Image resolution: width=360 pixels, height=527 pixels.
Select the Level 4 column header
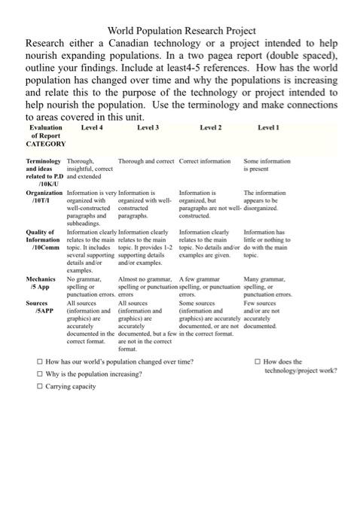92,128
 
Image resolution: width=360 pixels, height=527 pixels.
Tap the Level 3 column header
148,128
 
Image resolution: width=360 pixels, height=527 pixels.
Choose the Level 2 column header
210,128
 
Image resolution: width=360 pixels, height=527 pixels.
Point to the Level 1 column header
268,128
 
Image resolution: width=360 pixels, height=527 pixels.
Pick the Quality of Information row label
43,240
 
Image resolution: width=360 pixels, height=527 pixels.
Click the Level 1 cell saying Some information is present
267,165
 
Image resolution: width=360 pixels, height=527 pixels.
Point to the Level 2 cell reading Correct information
205,161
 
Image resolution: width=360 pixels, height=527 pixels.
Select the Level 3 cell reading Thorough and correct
146,161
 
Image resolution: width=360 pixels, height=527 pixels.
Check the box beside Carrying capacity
40,386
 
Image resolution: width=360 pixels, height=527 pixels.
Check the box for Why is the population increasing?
40,373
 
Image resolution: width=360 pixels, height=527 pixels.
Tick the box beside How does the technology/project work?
257,362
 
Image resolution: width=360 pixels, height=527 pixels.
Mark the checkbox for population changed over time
40,362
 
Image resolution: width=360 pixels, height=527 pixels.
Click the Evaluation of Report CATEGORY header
46,136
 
